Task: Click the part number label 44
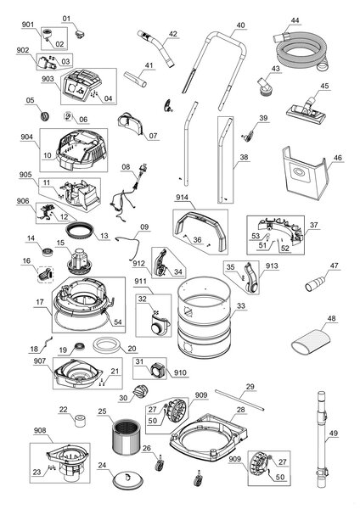click(x=295, y=20)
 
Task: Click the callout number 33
click(x=241, y=305)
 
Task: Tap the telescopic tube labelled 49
click(x=322, y=439)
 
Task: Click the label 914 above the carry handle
click(x=182, y=198)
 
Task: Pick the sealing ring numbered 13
click(x=79, y=230)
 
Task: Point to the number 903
click(x=48, y=80)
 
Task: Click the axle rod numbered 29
click(x=239, y=400)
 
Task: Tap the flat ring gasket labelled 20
click(x=105, y=344)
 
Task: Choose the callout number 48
click(x=331, y=318)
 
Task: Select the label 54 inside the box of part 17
click(x=118, y=322)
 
